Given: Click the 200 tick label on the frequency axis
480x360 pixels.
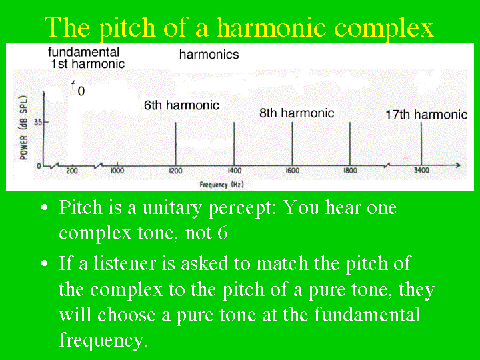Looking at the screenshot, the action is pyautogui.click(x=72, y=171).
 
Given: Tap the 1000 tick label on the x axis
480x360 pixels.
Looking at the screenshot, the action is pyautogui.click(x=117, y=171).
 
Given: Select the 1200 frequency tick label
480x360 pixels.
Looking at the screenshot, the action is pyautogui.click(x=175, y=171).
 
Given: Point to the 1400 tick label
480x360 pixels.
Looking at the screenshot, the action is pyautogui.click(x=234, y=171).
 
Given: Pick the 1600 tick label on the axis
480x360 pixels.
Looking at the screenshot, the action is pyautogui.click(x=293, y=171).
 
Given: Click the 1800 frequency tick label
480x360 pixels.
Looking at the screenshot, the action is pyautogui.click(x=350, y=171).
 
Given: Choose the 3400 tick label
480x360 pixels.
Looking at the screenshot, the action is pyautogui.click(x=421, y=170).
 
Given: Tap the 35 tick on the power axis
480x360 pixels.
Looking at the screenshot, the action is pyautogui.click(x=37, y=123).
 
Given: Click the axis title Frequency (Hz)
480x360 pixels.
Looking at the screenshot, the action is pyautogui.click(x=221, y=185).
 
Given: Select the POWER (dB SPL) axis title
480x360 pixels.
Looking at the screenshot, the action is pyautogui.click(x=23, y=127).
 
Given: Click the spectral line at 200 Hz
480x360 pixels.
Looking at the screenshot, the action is pyautogui.click(x=73, y=133).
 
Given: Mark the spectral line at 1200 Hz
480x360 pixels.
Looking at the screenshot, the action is pyautogui.click(x=176, y=144).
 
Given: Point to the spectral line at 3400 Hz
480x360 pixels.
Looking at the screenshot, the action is pyautogui.click(x=421, y=143).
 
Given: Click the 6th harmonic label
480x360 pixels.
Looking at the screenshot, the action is pyautogui.click(x=181, y=105).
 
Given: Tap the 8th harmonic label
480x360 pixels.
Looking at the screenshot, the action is pyautogui.click(x=297, y=113).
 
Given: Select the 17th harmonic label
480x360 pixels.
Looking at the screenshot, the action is pyautogui.click(x=427, y=115).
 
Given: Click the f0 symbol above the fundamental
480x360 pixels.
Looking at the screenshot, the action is pyautogui.click(x=78, y=88).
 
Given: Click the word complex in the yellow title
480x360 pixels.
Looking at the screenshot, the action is pyautogui.click(x=383, y=28).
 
